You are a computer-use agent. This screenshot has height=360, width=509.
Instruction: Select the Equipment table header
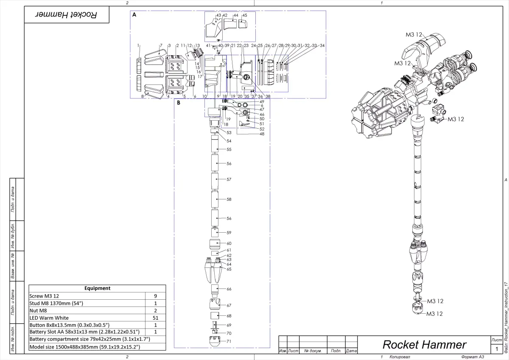point(97,288)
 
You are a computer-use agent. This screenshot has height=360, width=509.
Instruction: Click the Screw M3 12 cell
point(87,296)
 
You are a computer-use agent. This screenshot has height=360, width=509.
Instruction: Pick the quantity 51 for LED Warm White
point(155,318)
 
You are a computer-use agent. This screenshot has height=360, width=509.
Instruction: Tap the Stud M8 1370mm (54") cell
point(87,303)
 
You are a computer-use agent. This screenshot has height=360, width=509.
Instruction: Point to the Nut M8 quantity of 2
point(155,310)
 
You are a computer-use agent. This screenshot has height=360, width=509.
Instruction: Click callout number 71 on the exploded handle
point(229,341)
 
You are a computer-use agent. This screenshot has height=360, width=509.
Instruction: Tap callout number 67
point(229,305)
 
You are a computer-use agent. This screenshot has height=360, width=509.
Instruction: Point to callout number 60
point(229,243)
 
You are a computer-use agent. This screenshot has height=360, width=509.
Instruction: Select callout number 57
point(229,180)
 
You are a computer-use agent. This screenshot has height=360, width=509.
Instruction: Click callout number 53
point(229,133)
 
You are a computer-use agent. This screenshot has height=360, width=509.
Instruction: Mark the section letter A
point(134,14)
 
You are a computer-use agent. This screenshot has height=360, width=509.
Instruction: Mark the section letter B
point(179,103)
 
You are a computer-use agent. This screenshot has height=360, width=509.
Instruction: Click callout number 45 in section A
point(245,15)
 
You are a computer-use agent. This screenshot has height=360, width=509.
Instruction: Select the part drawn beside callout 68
point(214,316)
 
